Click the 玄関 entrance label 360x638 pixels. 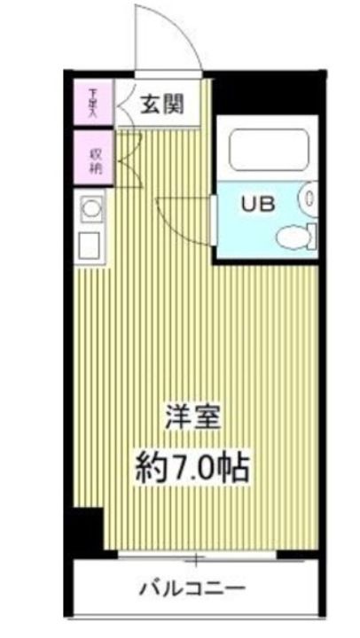pyautogui.click(x=162, y=104)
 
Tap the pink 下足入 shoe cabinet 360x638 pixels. pyautogui.click(x=91, y=102)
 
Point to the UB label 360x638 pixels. pyautogui.click(x=257, y=202)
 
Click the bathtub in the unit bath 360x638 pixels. pyautogui.click(x=266, y=149)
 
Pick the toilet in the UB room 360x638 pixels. pyautogui.click(x=293, y=236)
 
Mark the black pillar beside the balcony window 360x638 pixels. pyautogui.click(x=86, y=529)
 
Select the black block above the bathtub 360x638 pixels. pyautogui.click(x=266, y=97)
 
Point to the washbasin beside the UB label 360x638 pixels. pyautogui.click(x=308, y=197)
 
